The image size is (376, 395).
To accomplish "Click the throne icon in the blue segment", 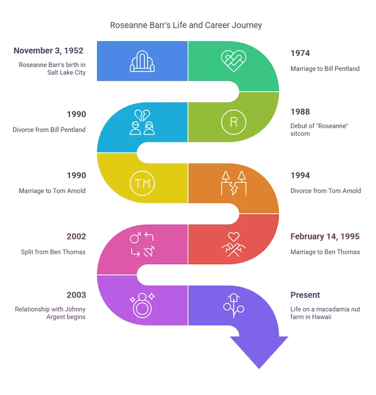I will click(x=142, y=61).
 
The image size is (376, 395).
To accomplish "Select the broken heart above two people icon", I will click(x=142, y=121).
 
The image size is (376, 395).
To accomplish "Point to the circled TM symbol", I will click(x=142, y=183).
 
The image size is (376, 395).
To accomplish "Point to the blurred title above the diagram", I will click(x=185, y=25).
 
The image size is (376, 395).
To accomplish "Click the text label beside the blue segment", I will click(x=50, y=62).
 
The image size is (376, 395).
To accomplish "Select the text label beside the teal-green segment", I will click(x=325, y=62).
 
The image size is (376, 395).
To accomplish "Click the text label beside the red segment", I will click(x=325, y=244).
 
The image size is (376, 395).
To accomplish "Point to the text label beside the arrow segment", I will click(x=325, y=305).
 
